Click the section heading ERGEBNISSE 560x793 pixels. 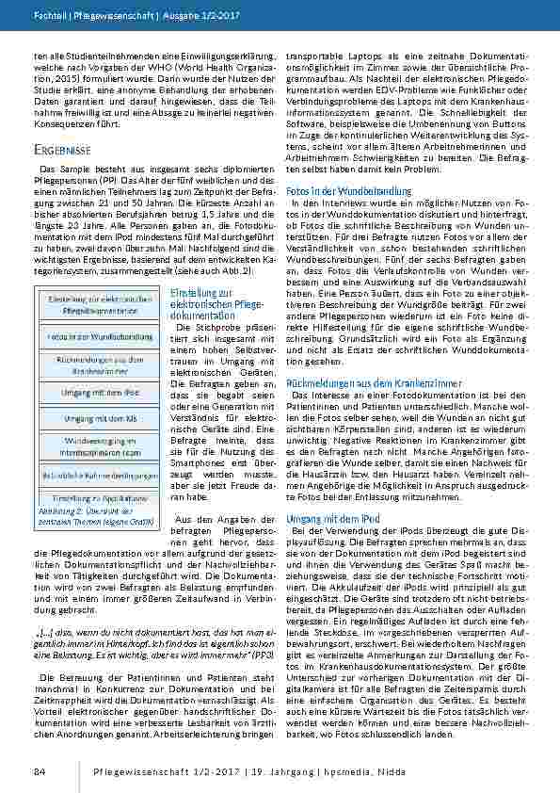point(62,150)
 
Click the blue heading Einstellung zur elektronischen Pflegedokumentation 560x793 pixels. point(210,304)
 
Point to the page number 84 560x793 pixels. point(40,771)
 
